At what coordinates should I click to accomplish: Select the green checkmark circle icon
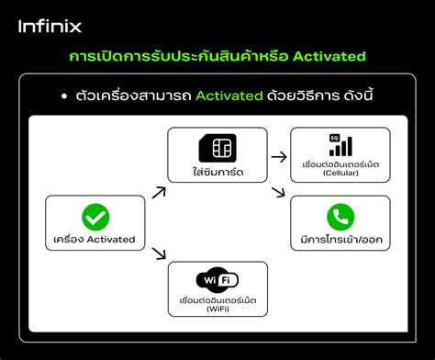tap(95, 218)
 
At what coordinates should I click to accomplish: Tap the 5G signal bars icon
tap(340, 145)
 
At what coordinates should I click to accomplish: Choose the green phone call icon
tap(340, 217)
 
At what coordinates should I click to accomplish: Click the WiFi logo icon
tap(217, 279)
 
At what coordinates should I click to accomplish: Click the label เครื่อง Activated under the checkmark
tap(95, 239)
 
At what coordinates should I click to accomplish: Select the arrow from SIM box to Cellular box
tap(278, 157)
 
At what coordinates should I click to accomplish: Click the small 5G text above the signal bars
tap(334, 138)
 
